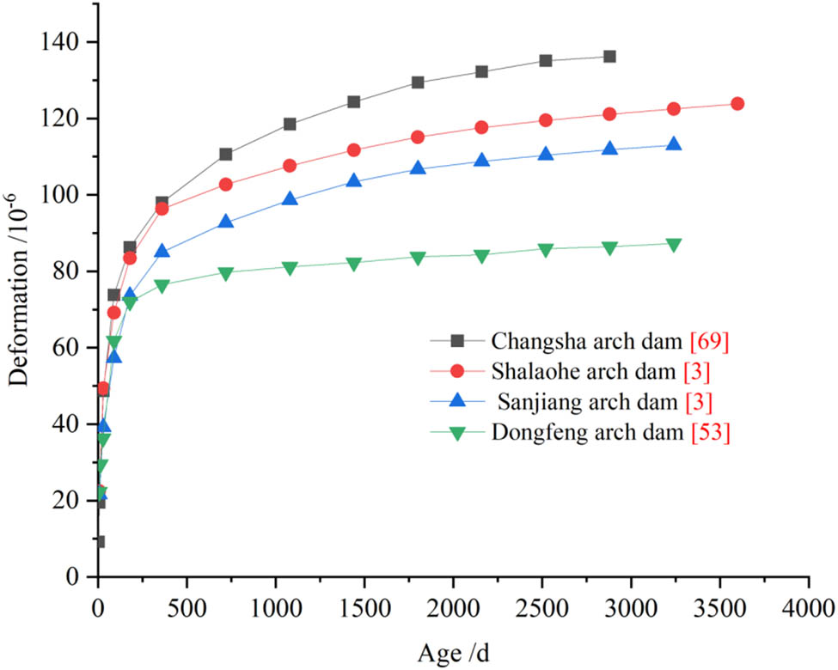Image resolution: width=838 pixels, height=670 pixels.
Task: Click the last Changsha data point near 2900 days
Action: [609, 57]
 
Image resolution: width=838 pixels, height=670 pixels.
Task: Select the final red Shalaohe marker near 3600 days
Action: [737, 104]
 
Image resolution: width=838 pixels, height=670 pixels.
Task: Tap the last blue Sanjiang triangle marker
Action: [674, 144]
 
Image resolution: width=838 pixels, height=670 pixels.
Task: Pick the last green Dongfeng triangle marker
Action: [674, 245]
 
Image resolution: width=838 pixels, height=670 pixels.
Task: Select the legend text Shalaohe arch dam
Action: [580, 372]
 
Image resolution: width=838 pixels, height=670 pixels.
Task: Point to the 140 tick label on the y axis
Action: [66, 42]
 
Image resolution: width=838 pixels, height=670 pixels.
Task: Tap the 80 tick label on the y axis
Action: [71, 271]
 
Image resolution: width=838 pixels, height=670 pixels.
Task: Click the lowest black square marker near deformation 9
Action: [99, 542]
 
